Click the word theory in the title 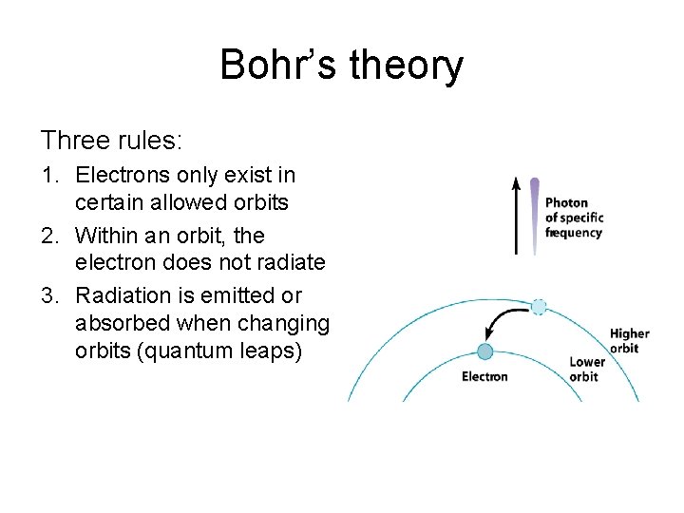407,66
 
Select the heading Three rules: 111,141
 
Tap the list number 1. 48,175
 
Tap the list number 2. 48,235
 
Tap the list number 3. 48,294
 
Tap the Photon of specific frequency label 574,218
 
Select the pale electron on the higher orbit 539,306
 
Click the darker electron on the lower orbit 485,351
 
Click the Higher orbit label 629,340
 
